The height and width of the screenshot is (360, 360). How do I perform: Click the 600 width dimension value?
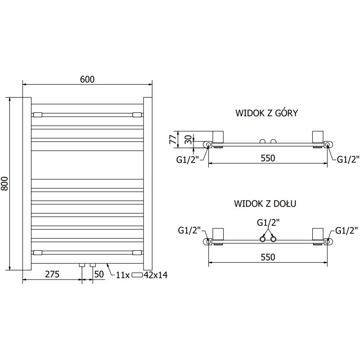(87, 79)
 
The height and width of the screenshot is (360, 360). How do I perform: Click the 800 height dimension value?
(5, 184)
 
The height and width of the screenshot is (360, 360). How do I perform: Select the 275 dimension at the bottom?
(51, 274)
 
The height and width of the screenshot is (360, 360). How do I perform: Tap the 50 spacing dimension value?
(99, 274)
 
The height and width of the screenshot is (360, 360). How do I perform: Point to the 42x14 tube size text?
(155, 275)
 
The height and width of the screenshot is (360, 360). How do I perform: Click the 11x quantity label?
(122, 275)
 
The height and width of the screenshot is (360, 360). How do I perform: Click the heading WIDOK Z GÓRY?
(266, 113)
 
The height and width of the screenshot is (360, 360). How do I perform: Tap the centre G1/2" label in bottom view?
(268, 222)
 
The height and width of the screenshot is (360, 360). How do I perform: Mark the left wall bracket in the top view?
(219, 137)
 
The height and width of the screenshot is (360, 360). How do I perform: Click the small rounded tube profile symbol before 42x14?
(137, 275)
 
